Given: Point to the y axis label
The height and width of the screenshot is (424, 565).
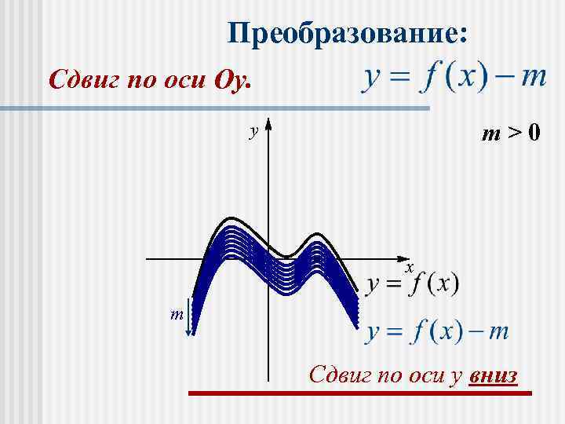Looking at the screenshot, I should (x=253, y=131).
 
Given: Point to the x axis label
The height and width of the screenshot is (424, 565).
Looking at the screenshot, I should (x=409, y=268).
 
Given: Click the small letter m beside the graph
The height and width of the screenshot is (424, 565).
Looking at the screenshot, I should (x=177, y=314).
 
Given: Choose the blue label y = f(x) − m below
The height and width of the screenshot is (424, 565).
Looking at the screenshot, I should (x=438, y=331).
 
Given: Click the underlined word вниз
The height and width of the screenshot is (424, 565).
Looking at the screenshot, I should (x=493, y=375).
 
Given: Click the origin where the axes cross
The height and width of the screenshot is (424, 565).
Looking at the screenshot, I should (x=269, y=258).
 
